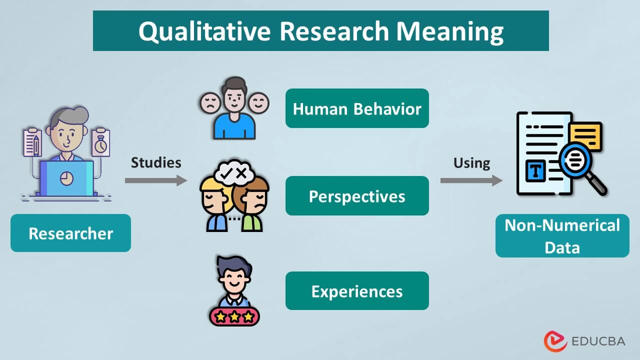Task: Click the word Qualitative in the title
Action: [204, 31]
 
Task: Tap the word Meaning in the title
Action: [450, 31]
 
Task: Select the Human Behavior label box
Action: [357, 108]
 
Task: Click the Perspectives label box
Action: [357, 196]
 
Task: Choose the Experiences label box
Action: [357, 291]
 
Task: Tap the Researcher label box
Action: [70, 233]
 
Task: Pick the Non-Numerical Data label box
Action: [562, 236]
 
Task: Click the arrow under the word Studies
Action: [155, 180]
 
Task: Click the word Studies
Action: [156, 162]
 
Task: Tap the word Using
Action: [471, 163]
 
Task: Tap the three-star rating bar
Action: [234, 316]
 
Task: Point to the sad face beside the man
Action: [209, 103]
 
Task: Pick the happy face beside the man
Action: [258, 103]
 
